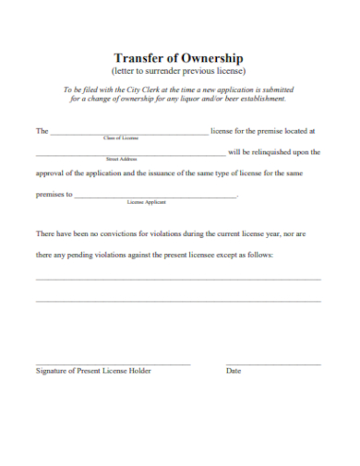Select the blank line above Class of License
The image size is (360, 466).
128,135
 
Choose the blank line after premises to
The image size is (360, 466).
155,197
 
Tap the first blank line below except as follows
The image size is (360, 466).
178,279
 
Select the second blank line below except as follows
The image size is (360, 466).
178,301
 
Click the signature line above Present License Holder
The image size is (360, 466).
113,364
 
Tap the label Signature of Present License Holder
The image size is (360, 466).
93,371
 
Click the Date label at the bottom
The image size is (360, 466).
234,371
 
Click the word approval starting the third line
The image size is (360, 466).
53,173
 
